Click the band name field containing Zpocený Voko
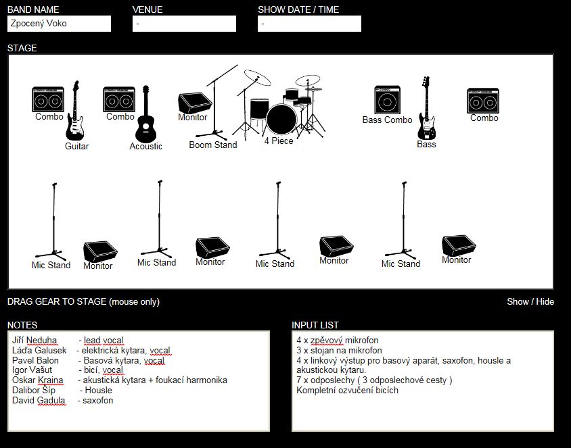[59, 24]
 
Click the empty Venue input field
[184, 24]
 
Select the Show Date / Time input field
[309, 24]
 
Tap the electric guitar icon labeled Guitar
[74, 111]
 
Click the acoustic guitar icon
[146, 117]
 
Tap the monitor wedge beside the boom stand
[193, 103]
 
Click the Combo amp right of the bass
[483, 101]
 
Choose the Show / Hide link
[530, 301]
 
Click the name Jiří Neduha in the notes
[35, 340]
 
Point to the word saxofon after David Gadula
[97, 401]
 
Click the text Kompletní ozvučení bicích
[347, 391]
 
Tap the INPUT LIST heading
[315, 325]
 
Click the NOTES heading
[22, 325]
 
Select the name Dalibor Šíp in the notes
[34, 391]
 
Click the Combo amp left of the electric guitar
[48, 100]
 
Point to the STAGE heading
[22, 48]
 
